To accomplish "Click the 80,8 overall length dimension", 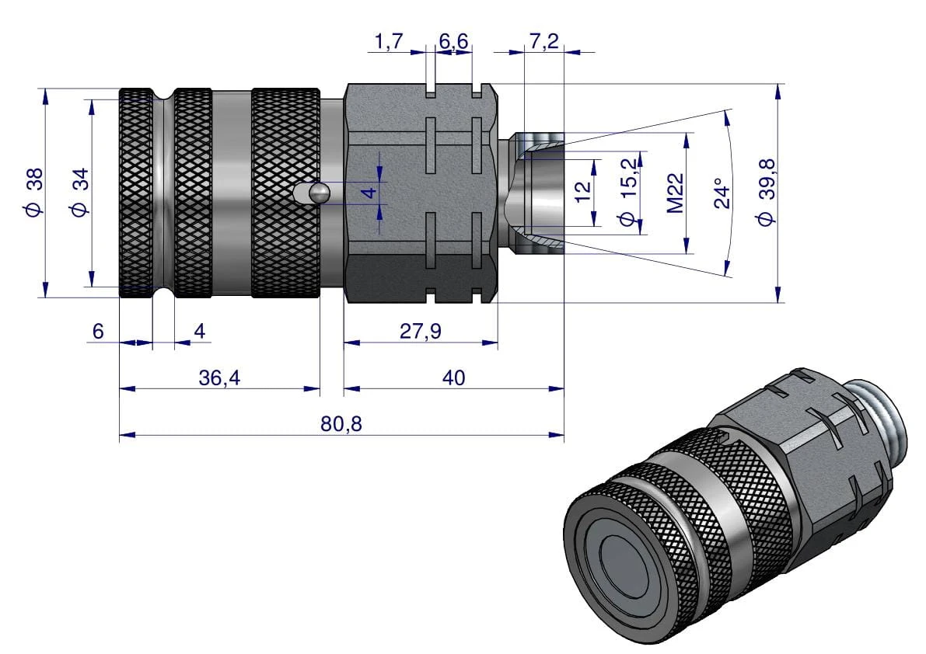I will tap(341, 424).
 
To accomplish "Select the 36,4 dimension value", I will tap(219, 377).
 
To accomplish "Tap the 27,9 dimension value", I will tap(420, 332).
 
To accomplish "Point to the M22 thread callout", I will tap(675, 193).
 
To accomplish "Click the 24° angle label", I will tap(722, 193).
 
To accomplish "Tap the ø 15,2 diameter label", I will tap(629, 193).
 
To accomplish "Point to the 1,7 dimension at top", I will tap(388, 42).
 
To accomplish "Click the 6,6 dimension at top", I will tap(454, 42).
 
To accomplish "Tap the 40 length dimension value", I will tap(453, 377).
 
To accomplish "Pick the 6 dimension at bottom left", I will tap(98, 332).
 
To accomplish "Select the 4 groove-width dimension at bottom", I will tap(200, 332).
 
